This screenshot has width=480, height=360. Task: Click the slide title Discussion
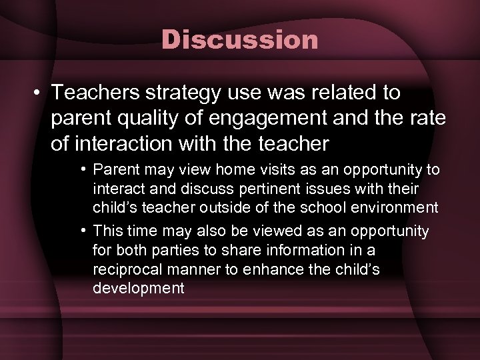[x=240, y=40]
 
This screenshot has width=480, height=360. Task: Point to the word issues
[x=315, y=189]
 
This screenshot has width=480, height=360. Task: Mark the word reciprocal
[x=124, y=269]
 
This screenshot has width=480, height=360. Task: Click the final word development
[x=138, y=289]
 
